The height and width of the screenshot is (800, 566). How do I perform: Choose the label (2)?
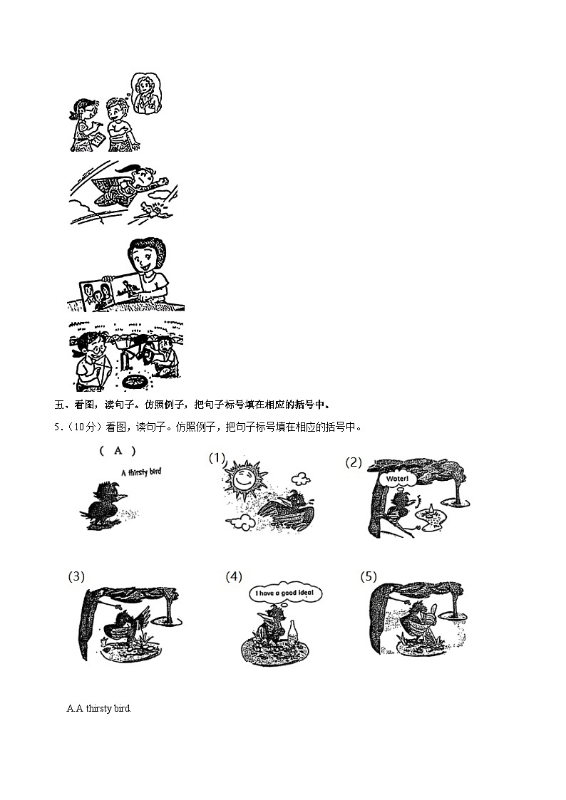coord(354,462)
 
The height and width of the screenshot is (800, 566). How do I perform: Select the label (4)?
coord(234,576)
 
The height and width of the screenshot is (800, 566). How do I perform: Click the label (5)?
coord(369,576)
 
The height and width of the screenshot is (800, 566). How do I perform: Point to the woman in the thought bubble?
coord(147,93)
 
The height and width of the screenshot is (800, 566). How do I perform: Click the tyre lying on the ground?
coord(134,382)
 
